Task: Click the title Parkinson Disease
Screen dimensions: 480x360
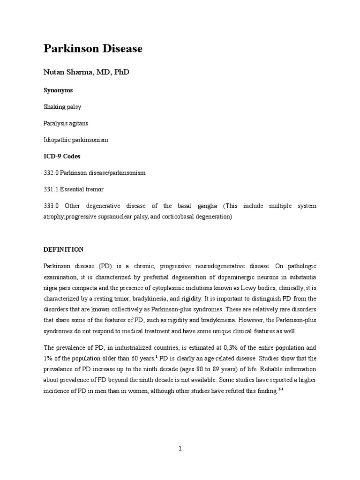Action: (x=93, y=49)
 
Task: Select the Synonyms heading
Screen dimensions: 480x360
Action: (x=58, y=90)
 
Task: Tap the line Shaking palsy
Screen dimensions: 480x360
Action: (x=62, y=107)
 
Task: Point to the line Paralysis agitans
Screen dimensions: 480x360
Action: (x=66, y=123)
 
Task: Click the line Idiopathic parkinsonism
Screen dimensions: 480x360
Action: (x=75, y=140)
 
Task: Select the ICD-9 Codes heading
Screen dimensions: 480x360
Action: (x=62, y=156)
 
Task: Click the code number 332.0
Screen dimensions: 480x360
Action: (x=51, y=173)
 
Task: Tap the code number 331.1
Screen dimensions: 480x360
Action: (x=51, y=189)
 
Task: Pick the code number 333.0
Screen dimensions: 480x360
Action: (x=51, y=206)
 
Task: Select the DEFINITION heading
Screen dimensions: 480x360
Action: (x=63, y=249)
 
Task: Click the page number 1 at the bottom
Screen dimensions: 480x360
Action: (x=180, y=449)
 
